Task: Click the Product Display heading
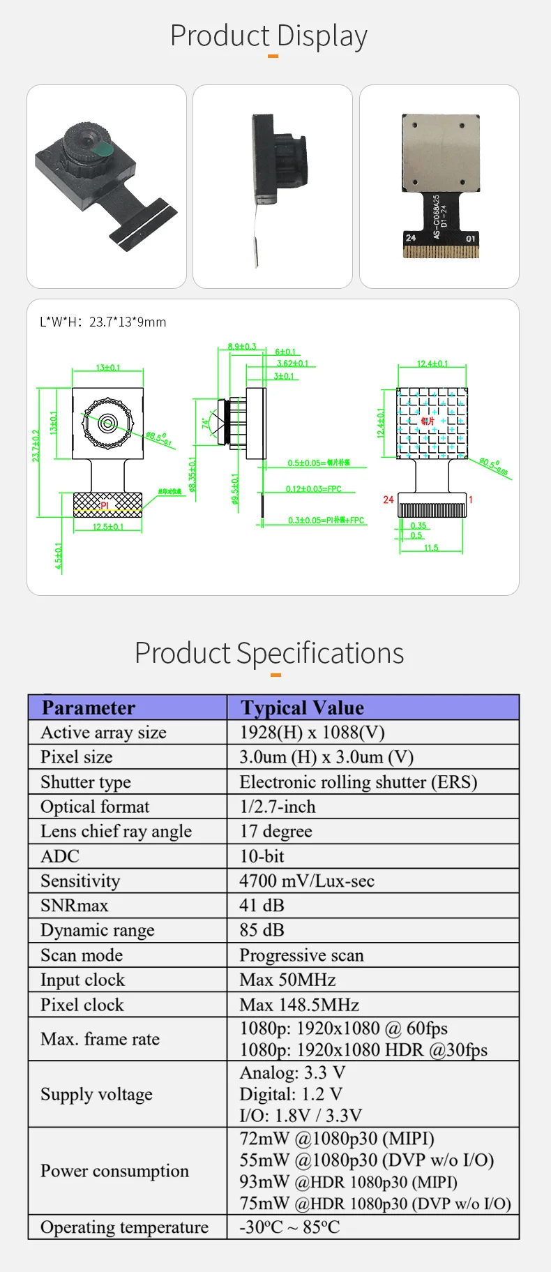coord(269,36)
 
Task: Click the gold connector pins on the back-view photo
coord(441,251)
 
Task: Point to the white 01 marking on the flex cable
coord(471,239)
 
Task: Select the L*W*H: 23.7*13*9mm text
coord(103,322)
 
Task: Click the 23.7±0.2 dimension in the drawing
coord(36,445)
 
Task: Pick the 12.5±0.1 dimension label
coord(108,527)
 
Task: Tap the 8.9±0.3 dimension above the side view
coord(242,346)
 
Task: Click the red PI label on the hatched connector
coord(105,505)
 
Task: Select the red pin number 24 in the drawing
coord(388,500)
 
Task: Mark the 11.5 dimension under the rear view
coord(431,548)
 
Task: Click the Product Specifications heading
coord(269,653)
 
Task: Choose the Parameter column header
coord(89,708)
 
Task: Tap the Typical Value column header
coord(302,708)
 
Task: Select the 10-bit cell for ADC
coord(262,856)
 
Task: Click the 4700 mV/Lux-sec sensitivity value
coord(307,881)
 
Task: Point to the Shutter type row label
coord(86,781)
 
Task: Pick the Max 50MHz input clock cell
coord(287,980)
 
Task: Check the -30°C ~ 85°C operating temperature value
coord(289,1227)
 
